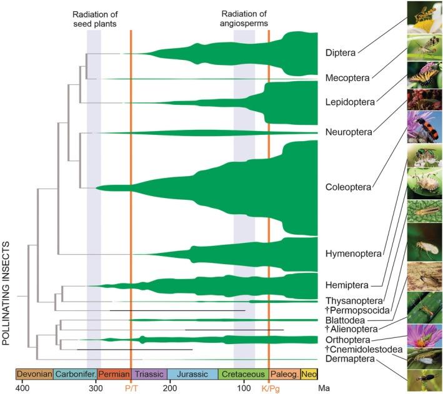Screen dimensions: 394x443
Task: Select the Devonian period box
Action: click(35, 374)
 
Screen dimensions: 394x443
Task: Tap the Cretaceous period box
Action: click(244, 374)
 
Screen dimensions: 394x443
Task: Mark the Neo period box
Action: click(309, 374)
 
